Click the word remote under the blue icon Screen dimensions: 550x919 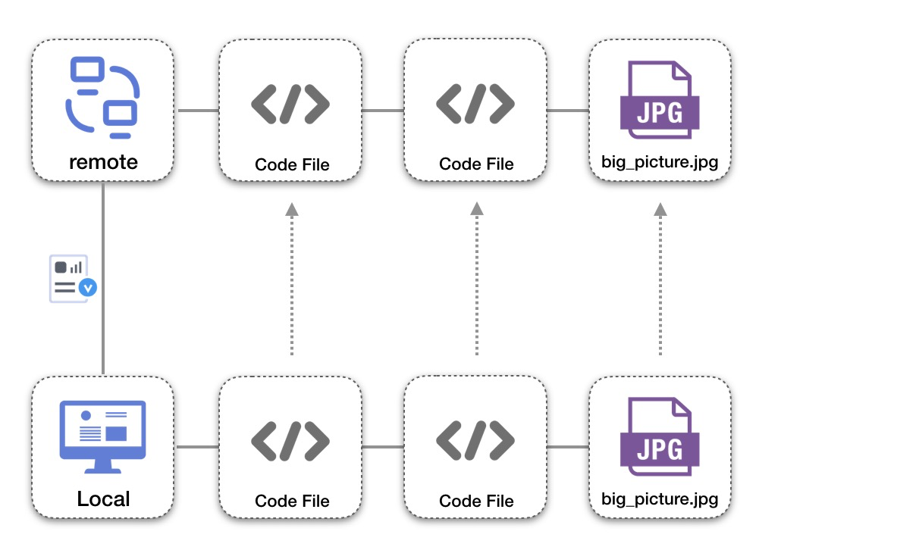[103, 161]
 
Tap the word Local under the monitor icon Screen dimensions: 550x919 [103, 499]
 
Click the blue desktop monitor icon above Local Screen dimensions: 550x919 [102, 436]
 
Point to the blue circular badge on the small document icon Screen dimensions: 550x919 [89, 288]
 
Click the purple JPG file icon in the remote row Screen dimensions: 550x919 [659, 102]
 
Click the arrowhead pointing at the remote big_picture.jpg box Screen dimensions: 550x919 [660, 209]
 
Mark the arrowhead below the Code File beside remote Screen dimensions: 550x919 [291, 209]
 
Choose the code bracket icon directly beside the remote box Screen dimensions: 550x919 [290, 105]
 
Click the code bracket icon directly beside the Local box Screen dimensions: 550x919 [290, 441]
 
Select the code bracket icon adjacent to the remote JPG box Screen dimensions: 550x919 [475, 105]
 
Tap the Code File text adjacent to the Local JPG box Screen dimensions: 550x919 [476, 501]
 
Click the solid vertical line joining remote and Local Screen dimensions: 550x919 [103, 227]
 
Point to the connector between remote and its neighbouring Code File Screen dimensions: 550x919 [198, 111]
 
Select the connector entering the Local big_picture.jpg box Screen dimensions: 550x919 [567, 447]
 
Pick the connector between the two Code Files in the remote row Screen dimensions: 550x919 [382, 111]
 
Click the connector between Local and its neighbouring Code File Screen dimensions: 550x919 [198, 447]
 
